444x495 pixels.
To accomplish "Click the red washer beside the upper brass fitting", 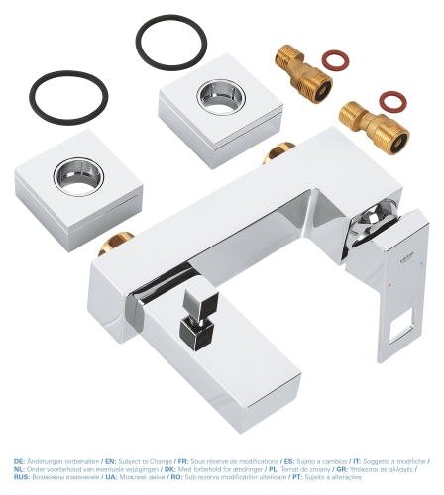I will pyautogui.click(x=339, y=62).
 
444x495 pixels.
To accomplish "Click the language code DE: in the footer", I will pyautogui.click(x=21, y=461).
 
